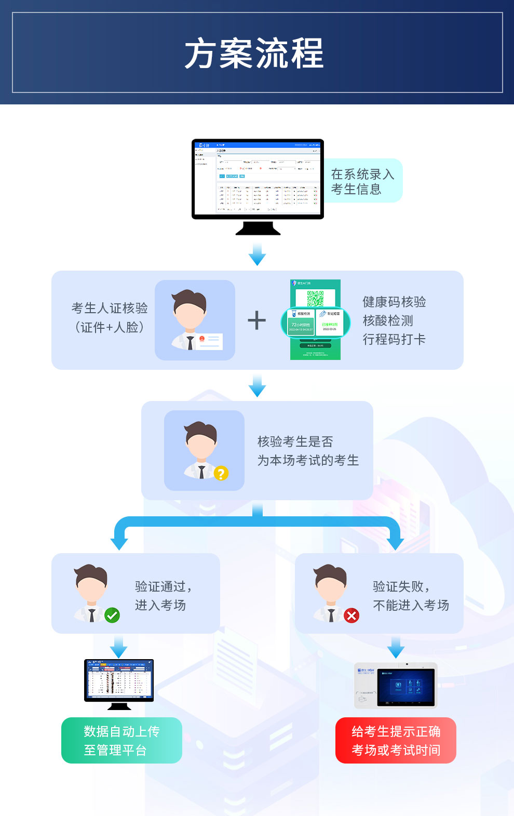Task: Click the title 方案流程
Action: point(254,53)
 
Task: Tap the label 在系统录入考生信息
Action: point(362,181)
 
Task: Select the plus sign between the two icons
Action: point(256,320)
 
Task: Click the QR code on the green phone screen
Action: point(315,298)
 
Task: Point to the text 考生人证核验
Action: point(110,308)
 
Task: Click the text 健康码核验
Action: point(394,302)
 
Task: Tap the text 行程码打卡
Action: point(394,339)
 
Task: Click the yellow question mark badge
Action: point(221,473)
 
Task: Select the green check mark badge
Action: point(112,616)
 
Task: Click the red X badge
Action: point(351,616)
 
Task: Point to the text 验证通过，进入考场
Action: point(163,596)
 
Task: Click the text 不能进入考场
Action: point(411,605)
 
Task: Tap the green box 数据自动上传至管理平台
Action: point(121,740)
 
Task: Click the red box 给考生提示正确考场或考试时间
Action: point(396,740)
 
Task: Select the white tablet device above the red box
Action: point(396,686)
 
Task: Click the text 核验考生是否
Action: point(295,442)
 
